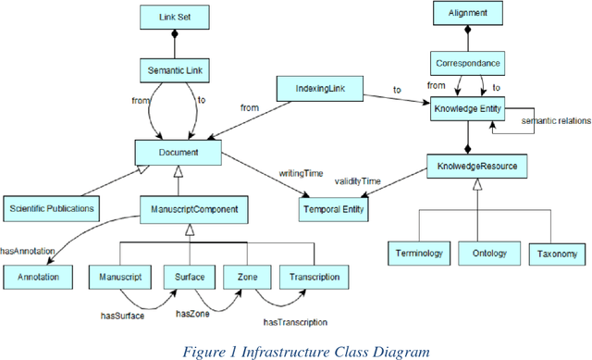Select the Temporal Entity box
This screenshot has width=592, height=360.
point(335,209)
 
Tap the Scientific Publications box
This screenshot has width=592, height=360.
point(52,208)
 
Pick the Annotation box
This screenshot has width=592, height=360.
point(38,276)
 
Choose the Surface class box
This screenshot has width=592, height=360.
point(191,276)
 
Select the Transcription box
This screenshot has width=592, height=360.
point(314,276)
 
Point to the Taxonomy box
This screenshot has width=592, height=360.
point(557,254)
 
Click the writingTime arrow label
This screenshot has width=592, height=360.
point(300,172)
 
